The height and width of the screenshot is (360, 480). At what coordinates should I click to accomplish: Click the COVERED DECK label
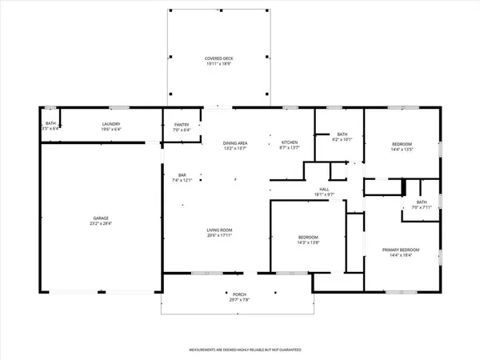[x=218, y=59]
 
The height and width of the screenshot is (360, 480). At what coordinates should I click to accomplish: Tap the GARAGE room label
[x=99, y=218]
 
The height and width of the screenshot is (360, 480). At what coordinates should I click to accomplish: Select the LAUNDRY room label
[x=110, y=123]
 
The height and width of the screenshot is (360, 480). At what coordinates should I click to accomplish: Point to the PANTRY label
[x=182, y=123]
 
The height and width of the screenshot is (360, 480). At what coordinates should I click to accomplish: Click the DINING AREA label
[x=235, y=142]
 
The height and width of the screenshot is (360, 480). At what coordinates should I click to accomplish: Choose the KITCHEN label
[x=289, y=142]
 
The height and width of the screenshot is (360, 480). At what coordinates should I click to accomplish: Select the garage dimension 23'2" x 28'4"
[x=99, y=224]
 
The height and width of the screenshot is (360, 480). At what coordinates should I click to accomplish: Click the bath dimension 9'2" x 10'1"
[x=342, y=140]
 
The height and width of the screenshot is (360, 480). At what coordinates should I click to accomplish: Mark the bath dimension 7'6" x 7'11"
[x=421, y=208]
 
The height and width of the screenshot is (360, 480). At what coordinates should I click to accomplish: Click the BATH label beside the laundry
[x=50, y=123]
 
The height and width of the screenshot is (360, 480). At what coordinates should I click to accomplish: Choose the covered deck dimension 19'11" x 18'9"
[x=218, y=65]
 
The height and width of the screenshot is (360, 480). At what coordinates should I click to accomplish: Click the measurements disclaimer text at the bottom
[x=240, y=350]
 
